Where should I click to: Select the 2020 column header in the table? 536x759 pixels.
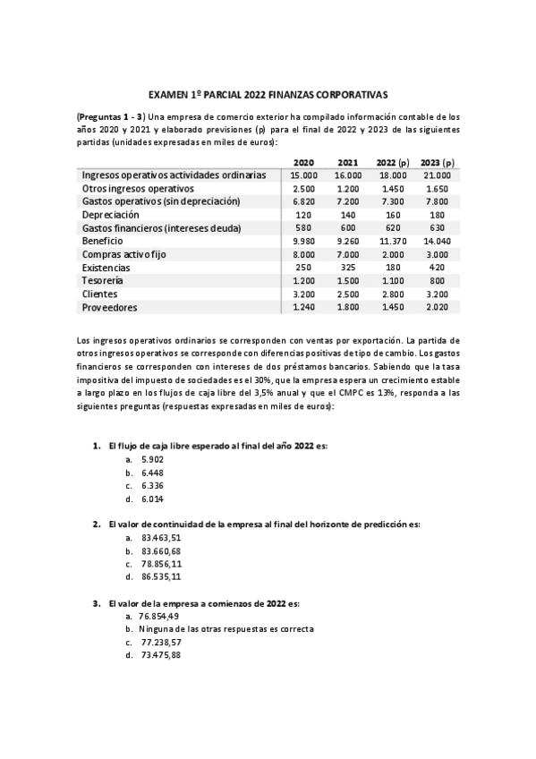coord(304,162)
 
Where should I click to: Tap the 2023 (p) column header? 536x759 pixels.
coord(437,162)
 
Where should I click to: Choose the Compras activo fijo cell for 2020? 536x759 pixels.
coord(304,255)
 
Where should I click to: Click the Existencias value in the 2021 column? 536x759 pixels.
coord(348,268)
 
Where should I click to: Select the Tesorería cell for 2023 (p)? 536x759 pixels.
coord(437,281)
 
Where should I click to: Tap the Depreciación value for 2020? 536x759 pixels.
coord(304,216)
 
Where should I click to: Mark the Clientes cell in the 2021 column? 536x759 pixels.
coord(348,294)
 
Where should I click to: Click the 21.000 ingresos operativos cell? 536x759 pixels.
coord(437,176)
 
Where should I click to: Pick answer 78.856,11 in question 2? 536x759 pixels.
coord(161,564)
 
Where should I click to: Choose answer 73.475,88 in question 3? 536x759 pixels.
coord(161,655)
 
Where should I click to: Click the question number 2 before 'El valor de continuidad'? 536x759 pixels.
coord(97,524)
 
